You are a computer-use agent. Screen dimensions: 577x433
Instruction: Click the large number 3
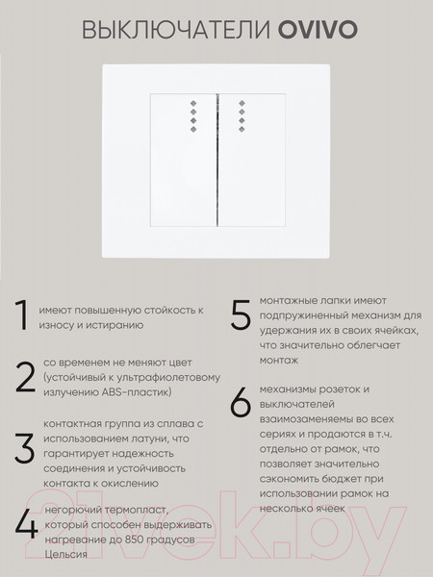[x=23, y=449]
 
